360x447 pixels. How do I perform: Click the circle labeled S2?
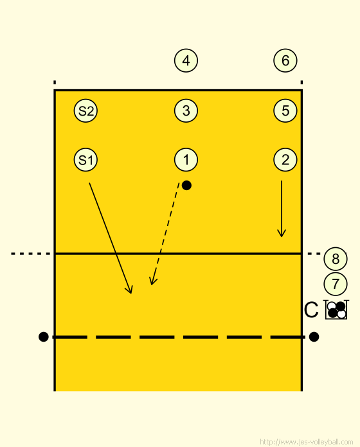tap(85, 110)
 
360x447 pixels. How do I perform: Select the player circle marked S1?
tap(85, 160)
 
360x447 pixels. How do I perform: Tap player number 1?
tap(186, 160)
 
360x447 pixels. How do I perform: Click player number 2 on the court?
tap(285, 160)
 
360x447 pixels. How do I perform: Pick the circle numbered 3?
tap(186, 110)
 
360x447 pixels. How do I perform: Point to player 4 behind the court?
tap(186, 60)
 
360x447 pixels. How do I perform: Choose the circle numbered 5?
tap(285, 110)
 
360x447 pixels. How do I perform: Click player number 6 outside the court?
tap(285, 60)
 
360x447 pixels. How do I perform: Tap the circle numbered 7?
tap(336, 284)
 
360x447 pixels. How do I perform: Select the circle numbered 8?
tap(336, 259)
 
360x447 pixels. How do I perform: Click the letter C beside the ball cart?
tap(311, 310)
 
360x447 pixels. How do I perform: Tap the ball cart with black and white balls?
tap(337, 310)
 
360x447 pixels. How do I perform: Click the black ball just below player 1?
tap(186, 186)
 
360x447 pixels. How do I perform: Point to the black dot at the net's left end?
tap(43, 337)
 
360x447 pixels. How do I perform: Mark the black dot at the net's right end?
tap(314, 337)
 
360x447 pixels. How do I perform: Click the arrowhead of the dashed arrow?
tap(152, 281)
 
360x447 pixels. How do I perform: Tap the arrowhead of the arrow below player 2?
tap(282, 233)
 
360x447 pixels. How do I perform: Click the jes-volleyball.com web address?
tap(307, 442)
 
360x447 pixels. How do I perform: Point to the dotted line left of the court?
tap(30, 254)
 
